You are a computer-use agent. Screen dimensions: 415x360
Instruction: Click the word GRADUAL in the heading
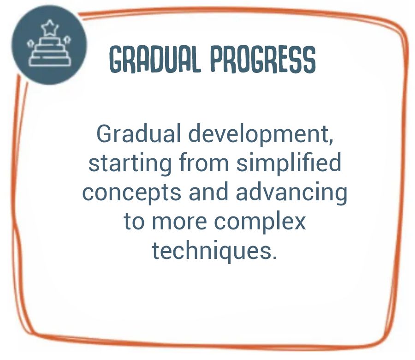(155, 60)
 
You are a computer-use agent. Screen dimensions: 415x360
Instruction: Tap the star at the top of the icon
(50, 28)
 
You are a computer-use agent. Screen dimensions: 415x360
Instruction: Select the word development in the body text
(259, 134)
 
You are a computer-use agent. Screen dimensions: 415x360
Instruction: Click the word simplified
(289, 162)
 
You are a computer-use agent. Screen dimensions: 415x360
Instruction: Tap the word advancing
(291, 192)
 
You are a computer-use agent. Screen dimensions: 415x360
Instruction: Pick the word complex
(260, 222)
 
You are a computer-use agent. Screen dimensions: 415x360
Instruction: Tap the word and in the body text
(208, 192)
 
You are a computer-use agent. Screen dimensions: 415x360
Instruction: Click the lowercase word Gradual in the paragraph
(139, 133)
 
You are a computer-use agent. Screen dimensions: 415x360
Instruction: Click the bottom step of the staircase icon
(50, 61)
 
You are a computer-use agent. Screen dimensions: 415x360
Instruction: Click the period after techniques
(274, 257)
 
